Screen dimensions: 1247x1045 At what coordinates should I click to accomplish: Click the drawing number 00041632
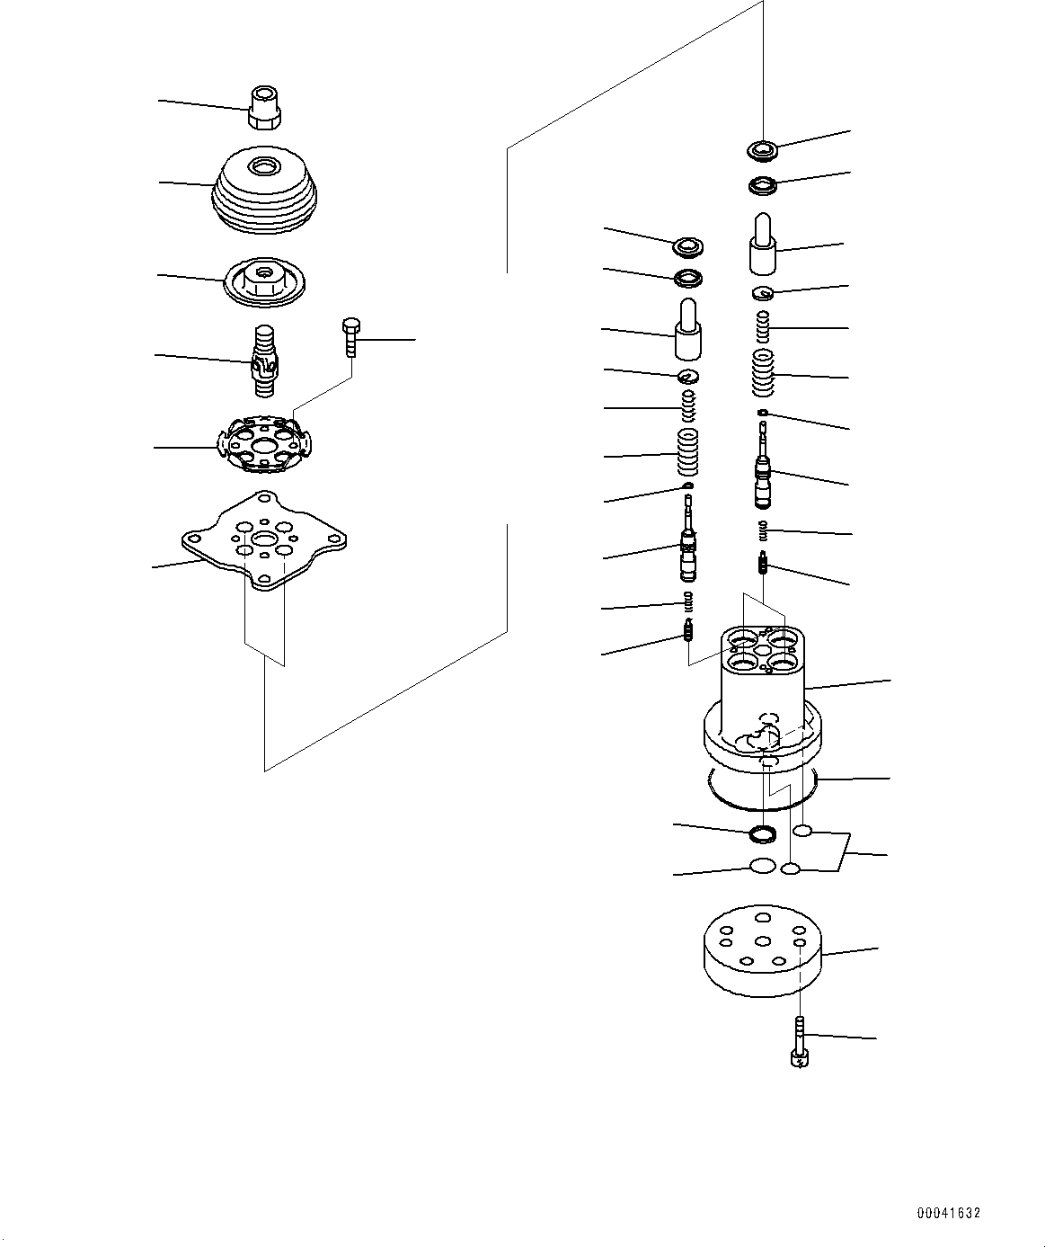[948, 1213]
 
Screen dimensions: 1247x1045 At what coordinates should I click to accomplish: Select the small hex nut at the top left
[265, 108]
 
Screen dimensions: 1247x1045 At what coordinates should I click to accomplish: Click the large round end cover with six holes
[763, 960]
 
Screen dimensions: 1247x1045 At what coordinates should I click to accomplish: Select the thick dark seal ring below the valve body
[763, 833]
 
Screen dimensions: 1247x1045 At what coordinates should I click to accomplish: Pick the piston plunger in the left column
[688, 334]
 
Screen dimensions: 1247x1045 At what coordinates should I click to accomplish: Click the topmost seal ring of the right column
[764, 148]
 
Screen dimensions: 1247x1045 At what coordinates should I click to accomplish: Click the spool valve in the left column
[688, 545]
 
